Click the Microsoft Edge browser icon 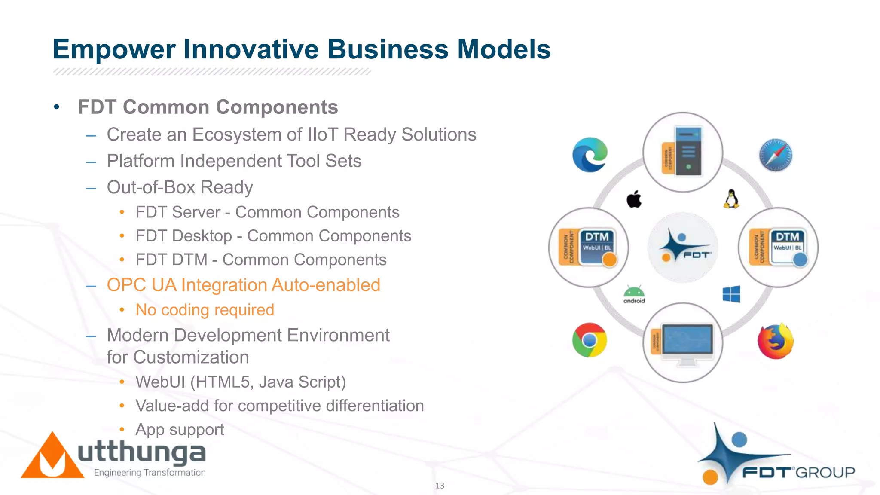click(x=590, y=155)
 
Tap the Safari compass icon click(x=776, y=155)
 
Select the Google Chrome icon click(x=590, y=340)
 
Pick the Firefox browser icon click(x=776, y=342)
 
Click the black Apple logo click(x=634, y=199)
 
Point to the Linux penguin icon click(x=731, y=199)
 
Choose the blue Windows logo click(x=731, y=294)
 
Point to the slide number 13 click(x=440, y=486)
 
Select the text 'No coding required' click(x=205, y=310)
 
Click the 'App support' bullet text click(x=180, y=430)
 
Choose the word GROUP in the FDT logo click(x=825, y=473)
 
